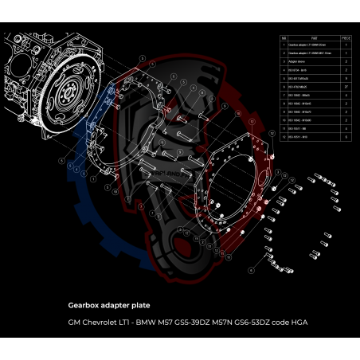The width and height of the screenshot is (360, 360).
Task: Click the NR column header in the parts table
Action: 284,37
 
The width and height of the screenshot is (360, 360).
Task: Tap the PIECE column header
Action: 346,37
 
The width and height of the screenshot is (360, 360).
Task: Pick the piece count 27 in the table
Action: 346,86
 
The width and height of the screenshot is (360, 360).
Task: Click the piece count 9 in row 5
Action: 346,78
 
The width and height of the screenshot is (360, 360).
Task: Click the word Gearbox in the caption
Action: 87,304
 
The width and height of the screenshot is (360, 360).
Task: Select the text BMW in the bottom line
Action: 145,323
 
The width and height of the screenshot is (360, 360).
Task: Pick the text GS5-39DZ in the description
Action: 191,323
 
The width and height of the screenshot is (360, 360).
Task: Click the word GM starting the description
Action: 74,323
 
